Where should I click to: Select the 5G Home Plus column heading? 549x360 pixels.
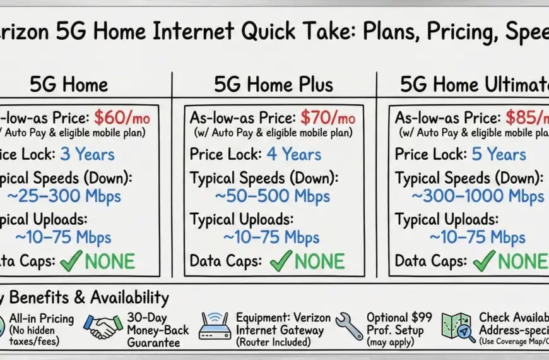[273, 84]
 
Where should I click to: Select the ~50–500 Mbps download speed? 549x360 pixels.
[272, 196]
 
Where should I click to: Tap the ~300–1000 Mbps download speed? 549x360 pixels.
[478, 196]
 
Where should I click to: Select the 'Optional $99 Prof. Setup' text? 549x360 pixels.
[395, 325]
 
